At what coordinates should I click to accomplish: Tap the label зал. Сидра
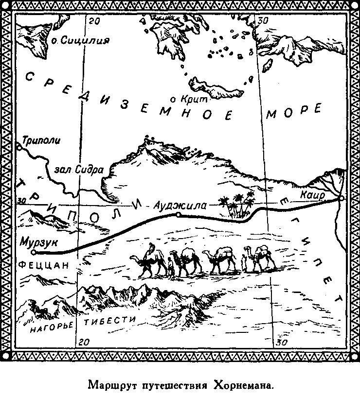pyautogui.click(x=79, y=170)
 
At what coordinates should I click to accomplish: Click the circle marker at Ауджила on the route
pyautogui.click(x=178, y=214)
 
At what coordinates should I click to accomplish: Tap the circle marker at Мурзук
pyautogui.click(x=33, y=252)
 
